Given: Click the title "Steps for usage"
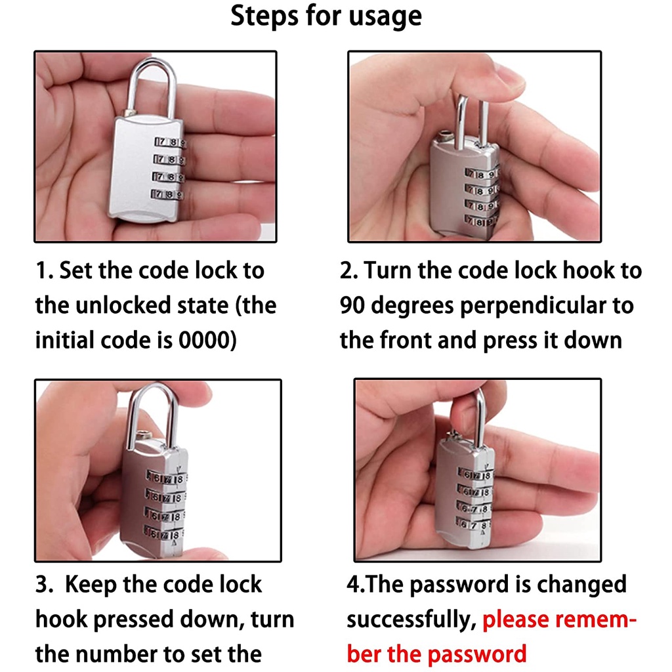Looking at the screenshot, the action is click(x=326, y=17).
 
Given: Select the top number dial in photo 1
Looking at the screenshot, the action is click(x=170, y=142).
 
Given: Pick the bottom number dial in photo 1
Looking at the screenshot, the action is click(x=167, y=194).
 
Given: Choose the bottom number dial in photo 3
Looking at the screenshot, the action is click(x=163, y=534).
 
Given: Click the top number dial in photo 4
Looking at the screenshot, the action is click(x=476, y=475).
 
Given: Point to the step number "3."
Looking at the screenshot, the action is click(x=44, y=585).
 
